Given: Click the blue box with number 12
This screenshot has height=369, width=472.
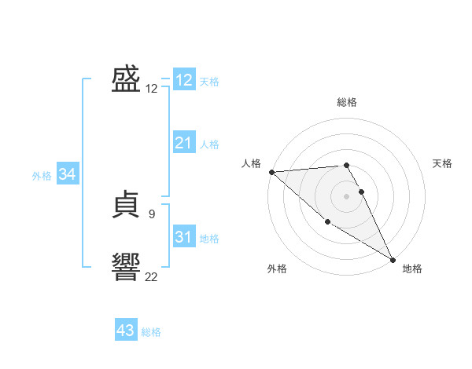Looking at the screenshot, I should tap(184, 80).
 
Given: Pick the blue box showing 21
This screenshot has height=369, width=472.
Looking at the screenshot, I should tap(184, 143).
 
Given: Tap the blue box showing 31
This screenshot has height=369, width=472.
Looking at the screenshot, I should tap(184, 237).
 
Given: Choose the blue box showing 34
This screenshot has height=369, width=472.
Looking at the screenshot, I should tap(67, 174).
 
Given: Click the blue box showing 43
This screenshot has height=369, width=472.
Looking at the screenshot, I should tap(126, 331).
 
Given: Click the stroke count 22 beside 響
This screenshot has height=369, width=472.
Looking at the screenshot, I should tap(151, 276).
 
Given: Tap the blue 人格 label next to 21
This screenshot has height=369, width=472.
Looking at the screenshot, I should tap(209, 144).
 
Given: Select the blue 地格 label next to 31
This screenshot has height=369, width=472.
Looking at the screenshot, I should tap(209, 239).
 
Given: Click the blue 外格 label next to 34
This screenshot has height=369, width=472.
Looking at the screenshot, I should tap(42, 176).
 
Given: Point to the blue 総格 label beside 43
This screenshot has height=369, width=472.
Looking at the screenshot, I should tap(151, 332).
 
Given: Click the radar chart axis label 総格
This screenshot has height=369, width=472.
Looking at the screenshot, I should tap(347, 102).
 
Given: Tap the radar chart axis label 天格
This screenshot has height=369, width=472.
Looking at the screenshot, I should tap(443, 163).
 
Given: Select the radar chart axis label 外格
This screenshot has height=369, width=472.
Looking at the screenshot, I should tap(277, 269).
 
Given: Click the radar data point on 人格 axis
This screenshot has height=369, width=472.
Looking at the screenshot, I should tap(271, 172).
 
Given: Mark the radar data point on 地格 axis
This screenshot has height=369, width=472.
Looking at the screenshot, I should tap(393, 259).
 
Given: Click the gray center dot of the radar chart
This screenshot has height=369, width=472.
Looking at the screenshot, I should tap(347, 196).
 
